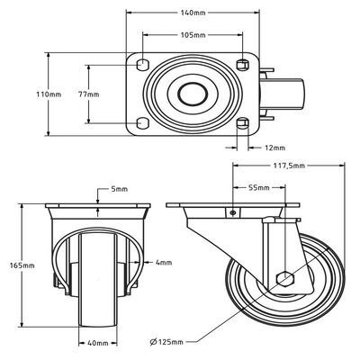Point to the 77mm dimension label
pyautogui.click(x=76, y=93)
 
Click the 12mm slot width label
pyautogui.click(x=274, y=147)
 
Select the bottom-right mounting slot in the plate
pyautogui.click(x=241, y=122)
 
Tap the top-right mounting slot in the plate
pyautogui.click(x=241, y=64)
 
